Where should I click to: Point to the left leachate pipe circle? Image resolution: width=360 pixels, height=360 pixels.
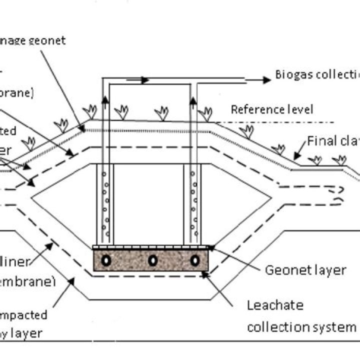pyautogui.click(x=106, y=260)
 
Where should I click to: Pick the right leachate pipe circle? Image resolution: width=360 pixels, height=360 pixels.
pyautogui.click(x=195, y=260)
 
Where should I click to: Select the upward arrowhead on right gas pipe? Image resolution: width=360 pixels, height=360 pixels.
pyautogui.click(x=194, y=102)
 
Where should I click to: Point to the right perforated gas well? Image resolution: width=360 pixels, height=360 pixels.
pyautogui.click(x=192, y=200)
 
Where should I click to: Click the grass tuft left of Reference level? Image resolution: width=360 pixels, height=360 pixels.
pyautogui.click(x=205, y=114)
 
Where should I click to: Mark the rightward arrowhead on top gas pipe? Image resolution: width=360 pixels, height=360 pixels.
pyautogui.click(x=143, y=79)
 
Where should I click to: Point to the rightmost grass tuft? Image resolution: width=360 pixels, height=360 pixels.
pyautogui.click(x=340, y=160)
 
